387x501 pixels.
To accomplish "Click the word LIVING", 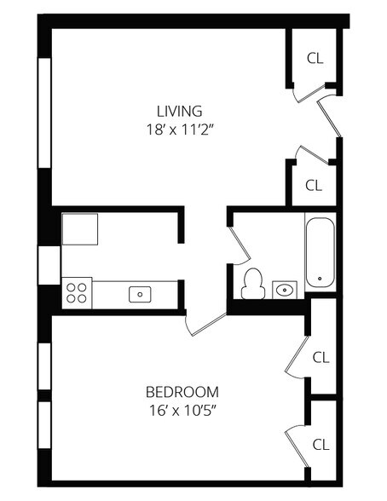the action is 179,111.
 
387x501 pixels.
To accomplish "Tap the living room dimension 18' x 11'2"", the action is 180,130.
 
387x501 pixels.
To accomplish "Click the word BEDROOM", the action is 182,392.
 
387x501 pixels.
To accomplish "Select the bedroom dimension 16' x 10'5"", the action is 182,411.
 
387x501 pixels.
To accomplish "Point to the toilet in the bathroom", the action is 253,284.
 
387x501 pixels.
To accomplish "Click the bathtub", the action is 321,252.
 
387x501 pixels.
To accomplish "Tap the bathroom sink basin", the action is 285,290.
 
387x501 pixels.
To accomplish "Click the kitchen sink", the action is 140,294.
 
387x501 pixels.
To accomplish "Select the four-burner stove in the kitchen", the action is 77,293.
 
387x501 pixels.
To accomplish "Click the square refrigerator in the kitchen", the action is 80,229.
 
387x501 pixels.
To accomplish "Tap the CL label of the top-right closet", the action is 315,59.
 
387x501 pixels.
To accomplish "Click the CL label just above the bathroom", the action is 314,186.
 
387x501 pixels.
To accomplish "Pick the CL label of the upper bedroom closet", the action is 321,358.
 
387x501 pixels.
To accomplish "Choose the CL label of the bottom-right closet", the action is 321,445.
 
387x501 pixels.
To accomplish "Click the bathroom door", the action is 240,245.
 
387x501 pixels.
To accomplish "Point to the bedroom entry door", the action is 206,325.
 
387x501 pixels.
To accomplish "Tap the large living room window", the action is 44,112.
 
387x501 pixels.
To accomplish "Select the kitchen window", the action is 49,265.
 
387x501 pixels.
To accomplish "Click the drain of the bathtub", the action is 320,279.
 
